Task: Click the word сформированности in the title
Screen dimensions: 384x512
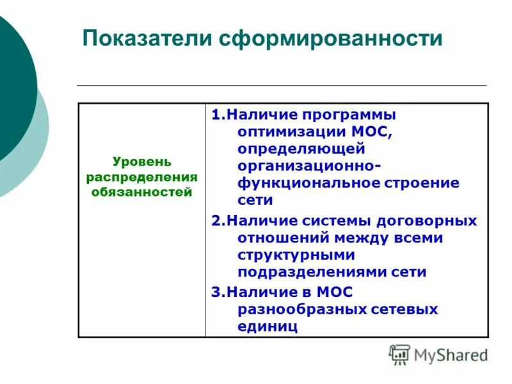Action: coord(331,38)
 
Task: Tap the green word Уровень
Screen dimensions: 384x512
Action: coord(142,162)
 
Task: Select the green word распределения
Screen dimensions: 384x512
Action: coord(142,177)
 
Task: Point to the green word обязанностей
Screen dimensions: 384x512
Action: coord(142,191)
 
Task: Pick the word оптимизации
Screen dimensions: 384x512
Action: coord(291,132)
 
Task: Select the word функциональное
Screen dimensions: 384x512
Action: coord(308,183)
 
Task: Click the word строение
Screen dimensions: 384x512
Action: coord(422,183)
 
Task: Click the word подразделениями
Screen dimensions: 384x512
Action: coord(312,272)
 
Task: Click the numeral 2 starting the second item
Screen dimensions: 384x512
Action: coord(216,220)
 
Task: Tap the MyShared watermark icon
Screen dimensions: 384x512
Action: coord(399,355)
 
